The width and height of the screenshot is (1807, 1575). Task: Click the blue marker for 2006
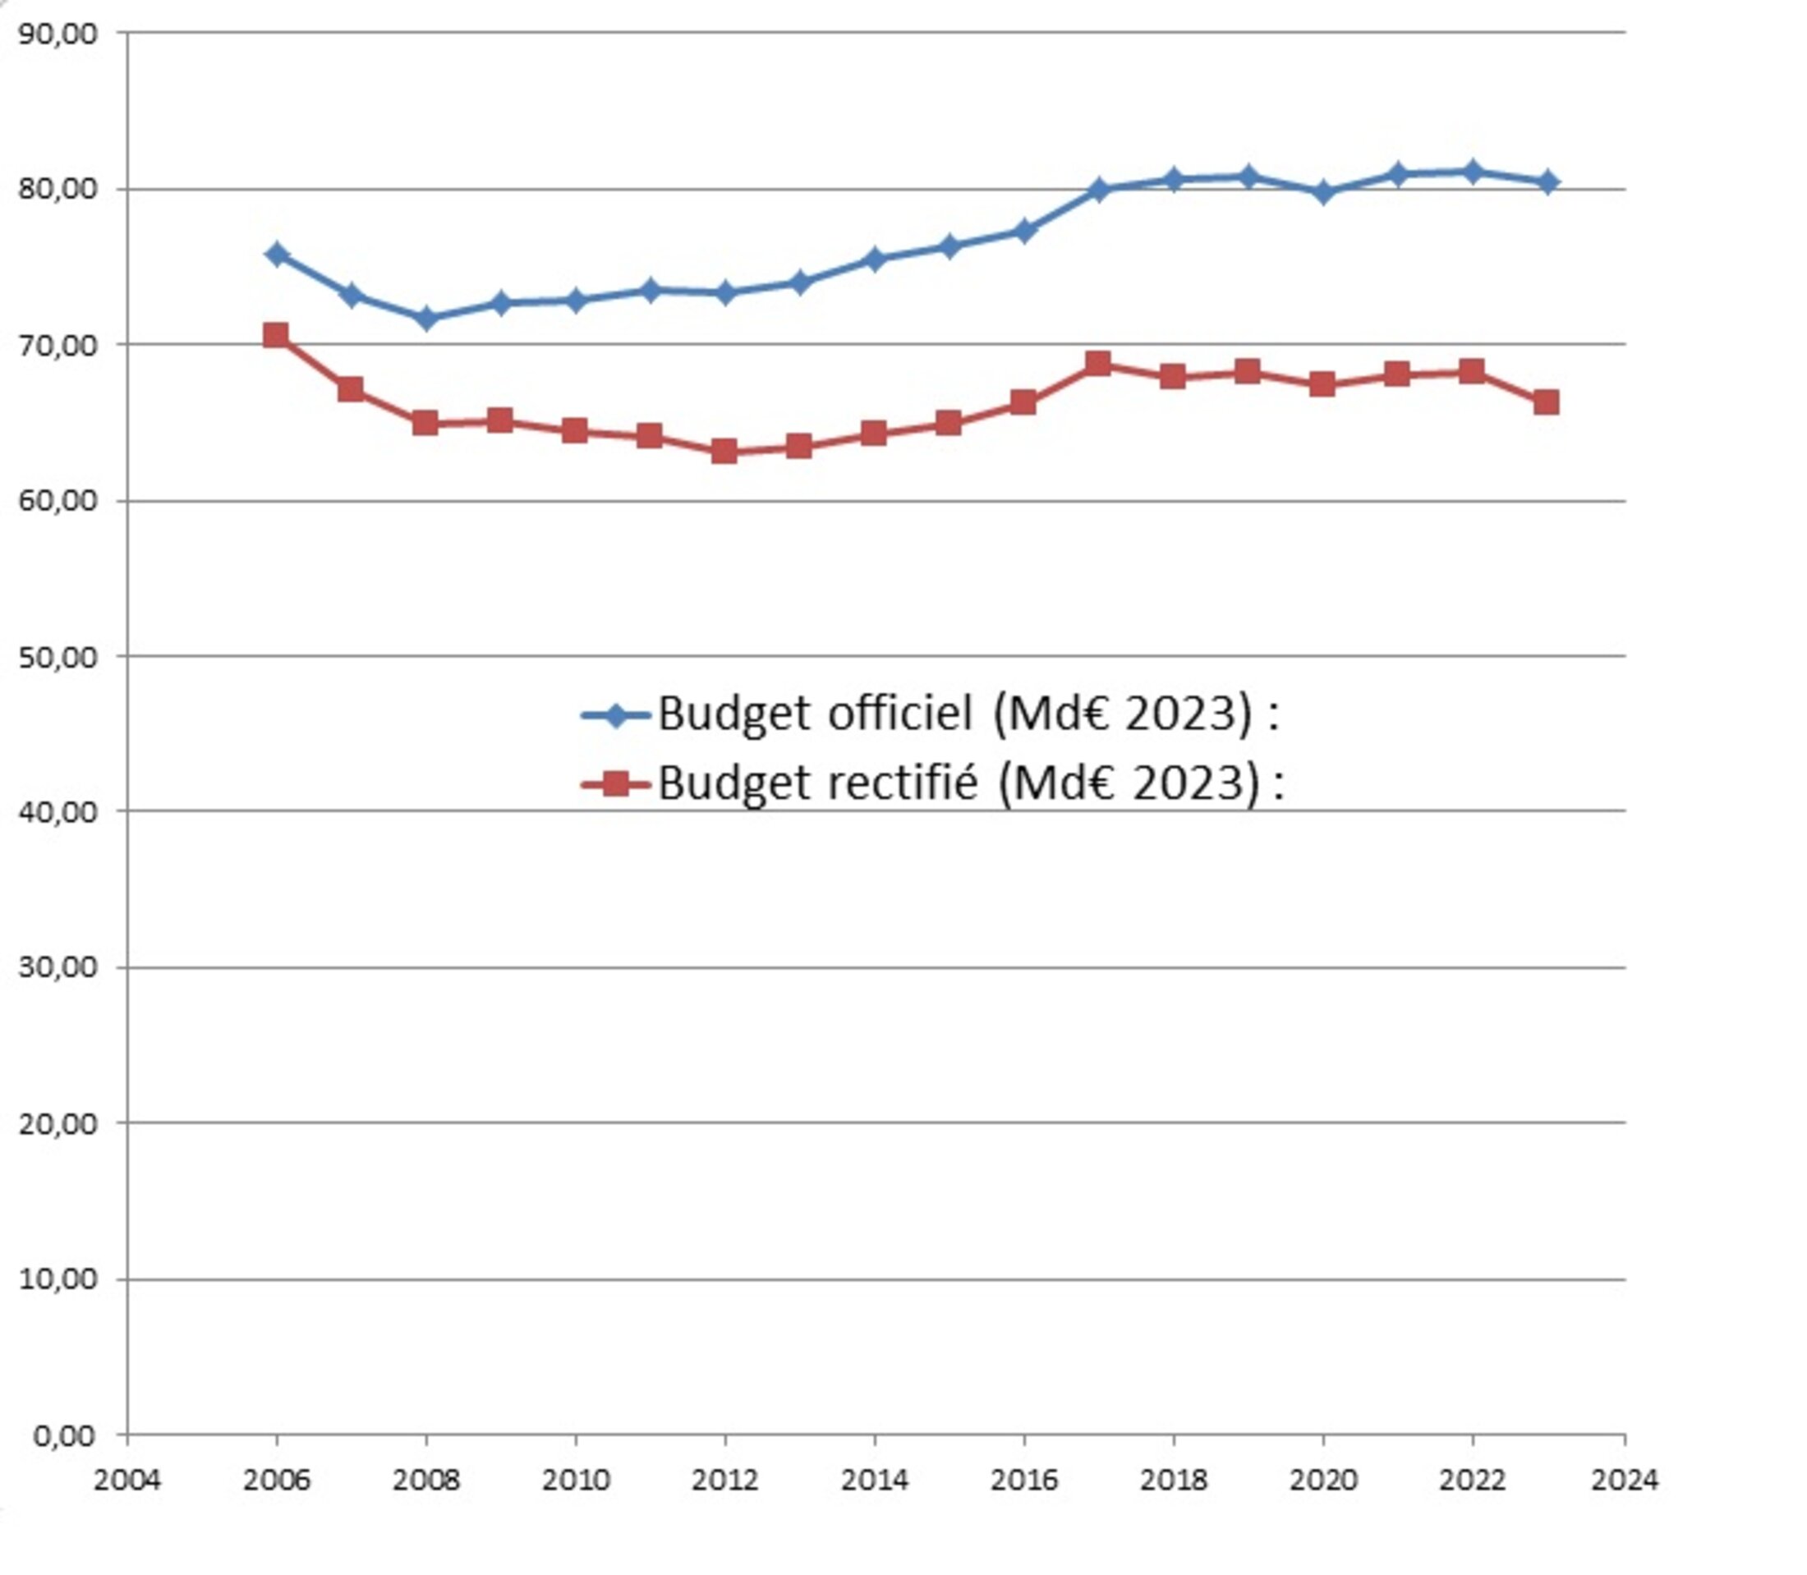tap(277, 255)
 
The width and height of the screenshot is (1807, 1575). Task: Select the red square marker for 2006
tap(276, 335)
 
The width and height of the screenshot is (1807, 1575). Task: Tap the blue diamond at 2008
tap(426, 318)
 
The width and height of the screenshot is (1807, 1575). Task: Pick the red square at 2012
tap(724, 452)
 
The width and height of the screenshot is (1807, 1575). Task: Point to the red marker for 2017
tap(1097, 364)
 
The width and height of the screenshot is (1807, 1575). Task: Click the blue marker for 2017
tap(1097, 189)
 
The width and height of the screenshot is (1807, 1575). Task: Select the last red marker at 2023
tap(1546, 402)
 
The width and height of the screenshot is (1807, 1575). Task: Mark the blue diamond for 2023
tap(1547, 182)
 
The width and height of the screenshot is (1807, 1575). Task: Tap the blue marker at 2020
tap(1322, 192)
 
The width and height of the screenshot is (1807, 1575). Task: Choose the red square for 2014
tap(874, 434)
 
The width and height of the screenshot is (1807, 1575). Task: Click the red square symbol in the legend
tap(616, 783)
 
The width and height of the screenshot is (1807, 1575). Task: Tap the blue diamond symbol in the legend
tap(616, 714)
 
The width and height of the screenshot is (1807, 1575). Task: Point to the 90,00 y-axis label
tap(57, 34)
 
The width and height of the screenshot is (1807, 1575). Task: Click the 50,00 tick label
tap(57, 658)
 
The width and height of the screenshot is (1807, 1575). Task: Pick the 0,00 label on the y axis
tap(63, 1436)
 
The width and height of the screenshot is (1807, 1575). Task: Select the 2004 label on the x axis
tap(127, 1480)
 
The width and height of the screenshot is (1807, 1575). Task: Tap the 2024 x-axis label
tap(1624, 1480)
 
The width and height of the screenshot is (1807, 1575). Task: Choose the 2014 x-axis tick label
tap(875, 1480)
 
